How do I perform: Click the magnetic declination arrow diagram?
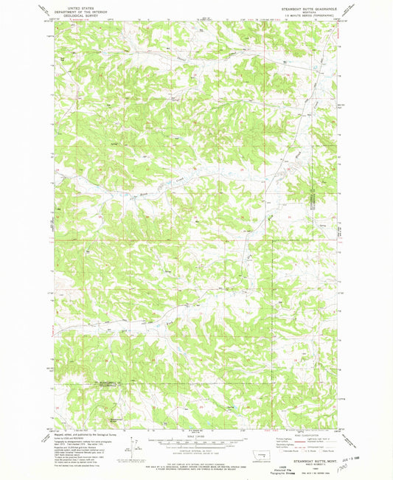coord(132,445)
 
